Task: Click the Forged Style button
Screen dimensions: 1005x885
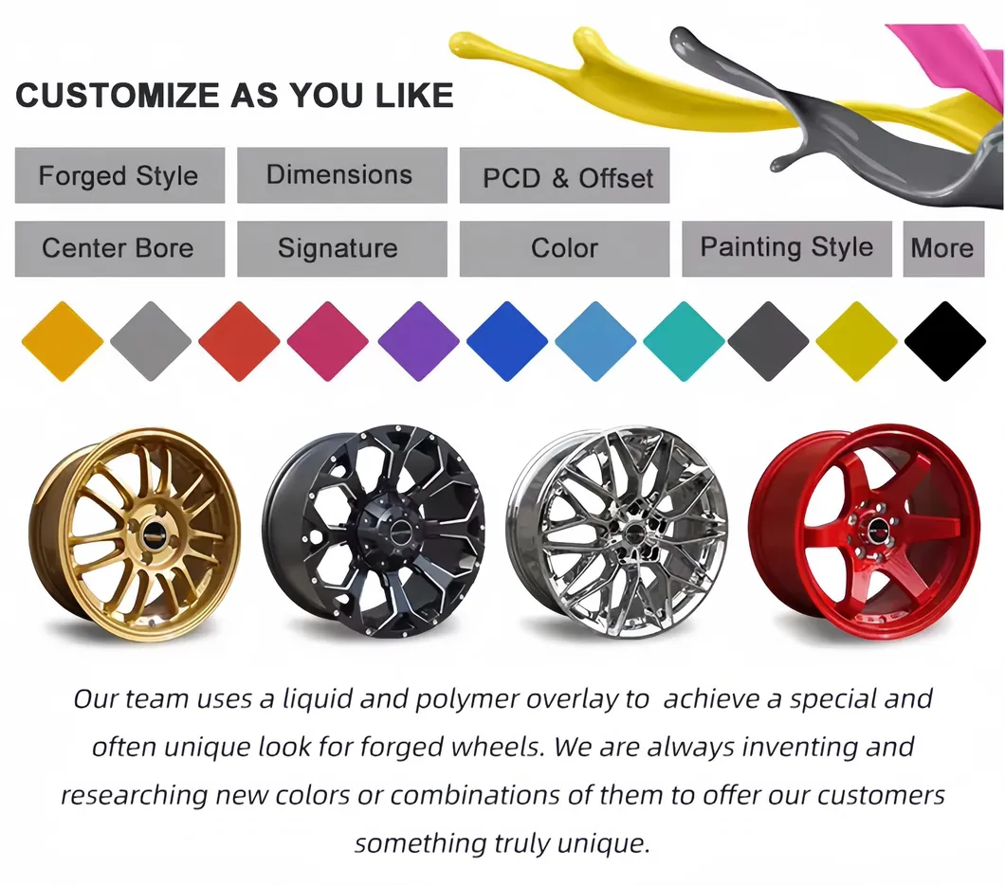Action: pyautogui.click(x=119, y=175)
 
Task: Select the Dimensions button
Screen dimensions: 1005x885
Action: pyautogui.click(x=342, y=175)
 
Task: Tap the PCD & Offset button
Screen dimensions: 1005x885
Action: pyautogui.click(x=565, y=175)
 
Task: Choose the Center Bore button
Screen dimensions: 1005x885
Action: pyautogui.click(x=119, y=249)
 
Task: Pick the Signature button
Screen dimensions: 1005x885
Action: pyautogui.click(x=342, y=249)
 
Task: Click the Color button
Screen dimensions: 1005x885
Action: pyautogui.click(x=565, y=249)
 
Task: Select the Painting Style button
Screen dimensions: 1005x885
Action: pyautogui.click(x=787, y=249)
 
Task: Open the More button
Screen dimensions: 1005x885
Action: pyautogui.click(x=943, y=249)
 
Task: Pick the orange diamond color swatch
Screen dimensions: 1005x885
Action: pyautogui.click(x=63, y=341)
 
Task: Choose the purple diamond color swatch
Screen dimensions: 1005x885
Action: pyautogui.click(x=418, y=341)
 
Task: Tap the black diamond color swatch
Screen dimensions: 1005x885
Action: pyautogui.click(x=944, y=341)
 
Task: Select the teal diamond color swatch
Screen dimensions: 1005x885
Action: pyautogui.click(x=684, y=341)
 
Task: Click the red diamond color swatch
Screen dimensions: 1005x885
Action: pyautogui.click(x=239, y=341)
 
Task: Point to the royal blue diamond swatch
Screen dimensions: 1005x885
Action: pyautogui.click(x=507, y=341)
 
